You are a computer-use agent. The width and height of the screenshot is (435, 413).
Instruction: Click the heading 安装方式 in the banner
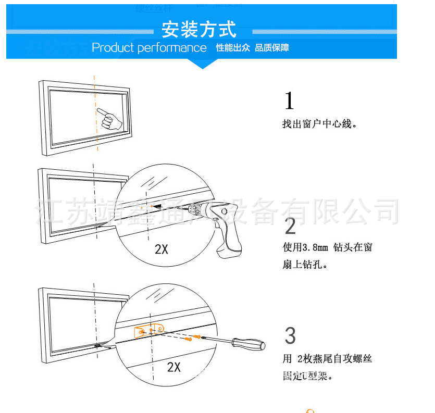pyautogui.click(x=198, y=29)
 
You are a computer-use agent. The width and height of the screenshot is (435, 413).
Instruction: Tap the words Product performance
pyautogui.click(x=149, y=48)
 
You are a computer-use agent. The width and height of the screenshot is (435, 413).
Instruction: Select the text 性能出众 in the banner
pyautogui.click(x=233, y=48)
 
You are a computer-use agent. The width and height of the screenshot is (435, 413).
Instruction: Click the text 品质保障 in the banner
pyautogui.click(x=272, y=48)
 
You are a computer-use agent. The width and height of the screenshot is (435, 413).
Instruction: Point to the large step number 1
pyautogui.click(x=290, y=101)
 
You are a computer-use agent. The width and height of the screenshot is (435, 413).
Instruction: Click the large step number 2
pyautogui.click(x=290, y=226)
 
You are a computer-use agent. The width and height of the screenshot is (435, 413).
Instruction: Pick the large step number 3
pyautogui.click(x=290, y=336)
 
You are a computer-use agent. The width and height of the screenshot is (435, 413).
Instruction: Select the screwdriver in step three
pyautogui.click(x=234, y=342)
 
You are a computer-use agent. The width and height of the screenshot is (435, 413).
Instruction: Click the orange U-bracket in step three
pyautogui.click(x=148, y=331)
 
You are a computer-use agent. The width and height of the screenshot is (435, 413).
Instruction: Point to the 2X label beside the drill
pyautogui.click(x=161, y=249)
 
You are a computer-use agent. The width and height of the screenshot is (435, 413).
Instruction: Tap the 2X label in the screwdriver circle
pyautogui.click(x=174, y=367)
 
